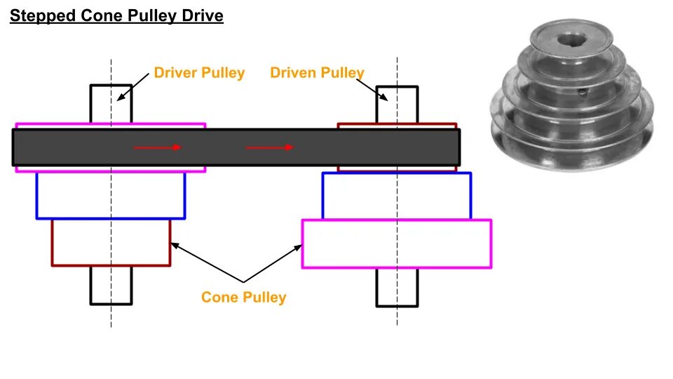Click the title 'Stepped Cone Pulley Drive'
click(116, 16)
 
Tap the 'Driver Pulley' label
click(199, 73)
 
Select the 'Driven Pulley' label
click(317, 73)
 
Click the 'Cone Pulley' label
click(243, 298)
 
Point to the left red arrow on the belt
click(158, 147)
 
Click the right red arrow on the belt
click(270, 147)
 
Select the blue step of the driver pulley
click(111, 196)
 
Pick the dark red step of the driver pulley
click(111, 243)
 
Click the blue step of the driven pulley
click(396, 196)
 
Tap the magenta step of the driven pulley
click(396, 244)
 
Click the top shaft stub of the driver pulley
click(111, 104)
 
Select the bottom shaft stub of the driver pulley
click(111, 285)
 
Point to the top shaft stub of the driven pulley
click(397, 105)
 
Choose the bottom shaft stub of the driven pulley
click(397, 287)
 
